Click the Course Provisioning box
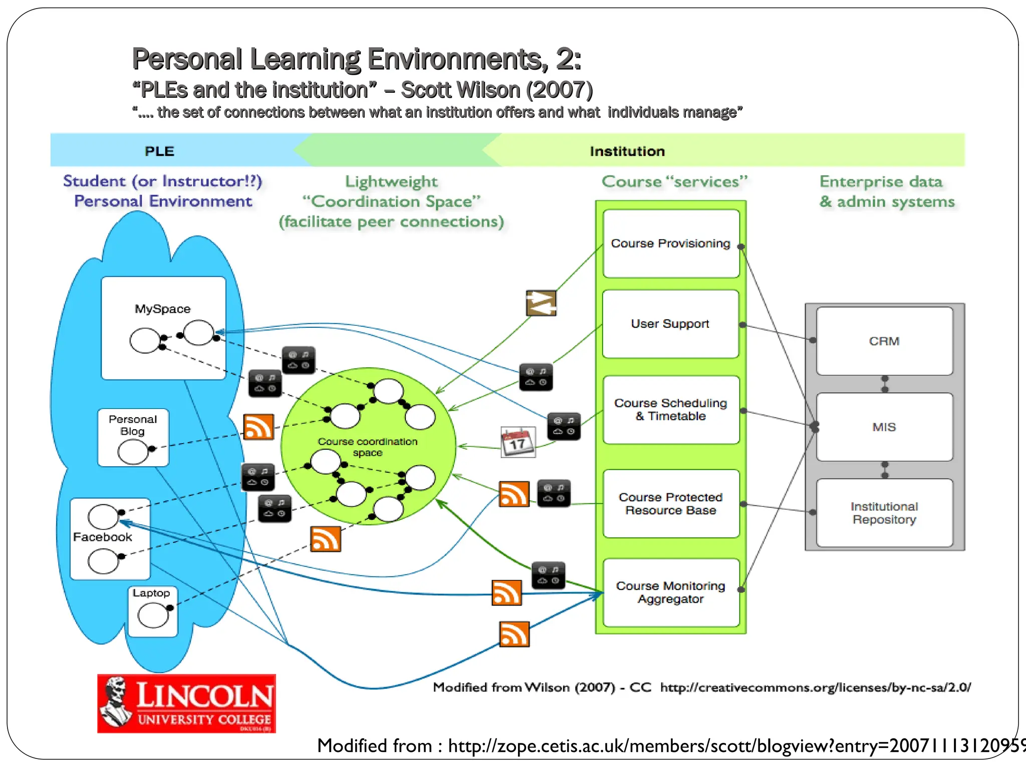(x=671, y=244)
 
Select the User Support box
(x=670, y=324)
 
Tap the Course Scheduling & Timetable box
(x=671, y=410)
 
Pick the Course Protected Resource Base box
(x=671, y=504)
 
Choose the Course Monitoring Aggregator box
(x=671, y=593)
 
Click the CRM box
(x=884, y=341)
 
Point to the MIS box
(x=884, y=427)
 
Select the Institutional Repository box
(x=884, y=513)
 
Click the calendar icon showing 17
(x=518, y=442)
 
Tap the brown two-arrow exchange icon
(x=541, y=303)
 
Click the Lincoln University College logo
(x=186, y=704)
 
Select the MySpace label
(x=163, y=309)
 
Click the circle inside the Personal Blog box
(x=133, y=452)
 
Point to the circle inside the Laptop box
(x=153, y=616)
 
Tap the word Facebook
(x=102, y=537)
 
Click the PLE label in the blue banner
(x=159, y=151)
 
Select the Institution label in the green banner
(x=627, y=151)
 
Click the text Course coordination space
(x=367, y=447)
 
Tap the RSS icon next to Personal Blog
(x=259, y=427)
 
